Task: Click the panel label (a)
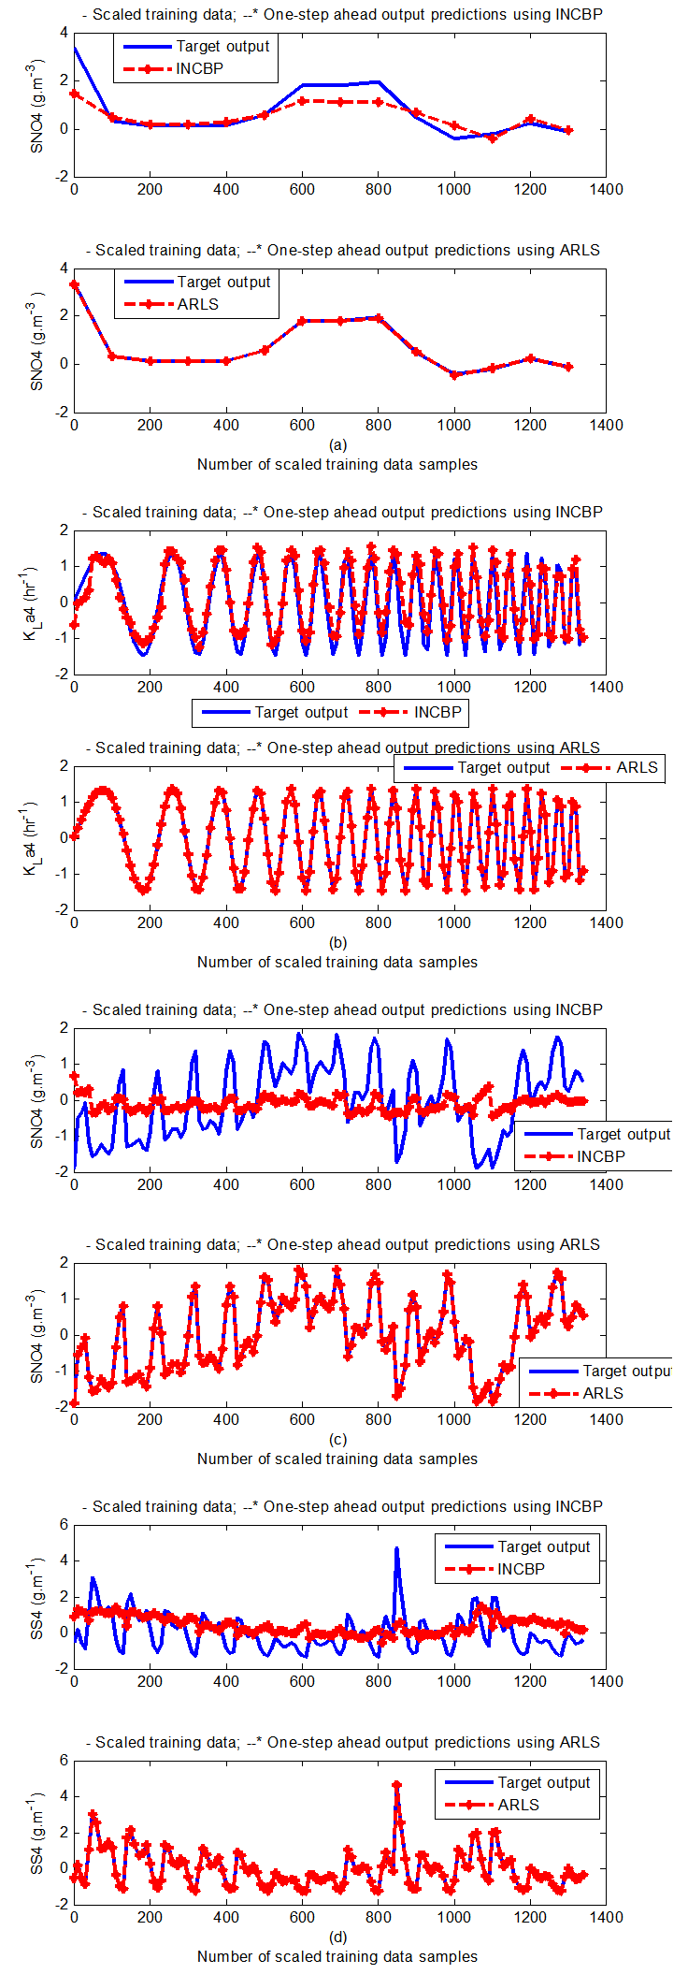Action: point(338,445)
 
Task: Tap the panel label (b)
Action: point(338,943)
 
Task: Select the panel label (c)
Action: point(338,1440)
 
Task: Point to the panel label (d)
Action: point(338,1938)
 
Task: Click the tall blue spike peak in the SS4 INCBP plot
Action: point(396,1548)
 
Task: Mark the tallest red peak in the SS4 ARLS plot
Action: point(396,1785)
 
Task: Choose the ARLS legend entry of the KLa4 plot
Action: point(637,768)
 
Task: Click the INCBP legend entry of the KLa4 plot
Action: point(437,713)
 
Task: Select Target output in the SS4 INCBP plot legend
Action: point(543,1547)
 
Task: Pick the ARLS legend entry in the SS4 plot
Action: point(518,1806)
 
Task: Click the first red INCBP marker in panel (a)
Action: point(75,94)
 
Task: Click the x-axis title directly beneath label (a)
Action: point(337,465)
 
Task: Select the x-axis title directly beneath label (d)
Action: point(337,1956)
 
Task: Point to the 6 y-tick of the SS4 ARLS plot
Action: point(64,1761)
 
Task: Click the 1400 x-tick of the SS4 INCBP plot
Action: point(606,1682)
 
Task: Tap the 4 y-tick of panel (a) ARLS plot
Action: point(64,269)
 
